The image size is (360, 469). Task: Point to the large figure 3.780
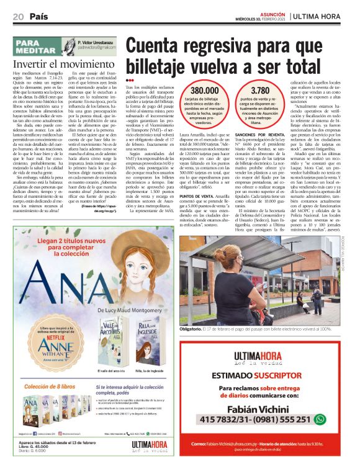[x=269, y=91]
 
